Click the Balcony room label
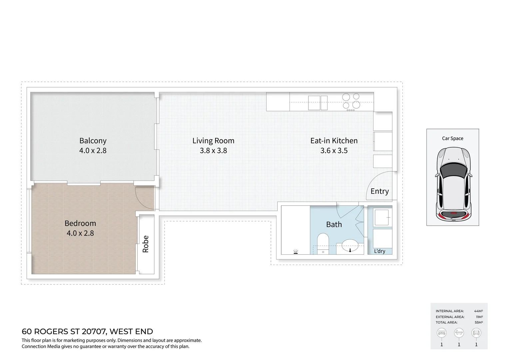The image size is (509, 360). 93,141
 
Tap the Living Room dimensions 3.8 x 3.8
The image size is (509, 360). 213,151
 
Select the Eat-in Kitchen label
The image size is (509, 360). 334,141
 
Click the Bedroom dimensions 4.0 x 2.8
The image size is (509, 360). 80,233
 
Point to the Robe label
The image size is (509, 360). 146,244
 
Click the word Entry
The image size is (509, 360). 379,191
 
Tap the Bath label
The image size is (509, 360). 334,225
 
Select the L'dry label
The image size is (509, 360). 379,251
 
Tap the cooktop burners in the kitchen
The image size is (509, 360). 351,101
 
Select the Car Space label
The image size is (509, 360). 452,138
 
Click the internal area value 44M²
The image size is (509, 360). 478,311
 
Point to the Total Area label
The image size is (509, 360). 446,322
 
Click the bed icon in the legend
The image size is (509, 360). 442,333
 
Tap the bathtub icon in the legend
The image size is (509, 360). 459,333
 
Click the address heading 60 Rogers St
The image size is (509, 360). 87,332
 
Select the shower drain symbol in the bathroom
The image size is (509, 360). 295,252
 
